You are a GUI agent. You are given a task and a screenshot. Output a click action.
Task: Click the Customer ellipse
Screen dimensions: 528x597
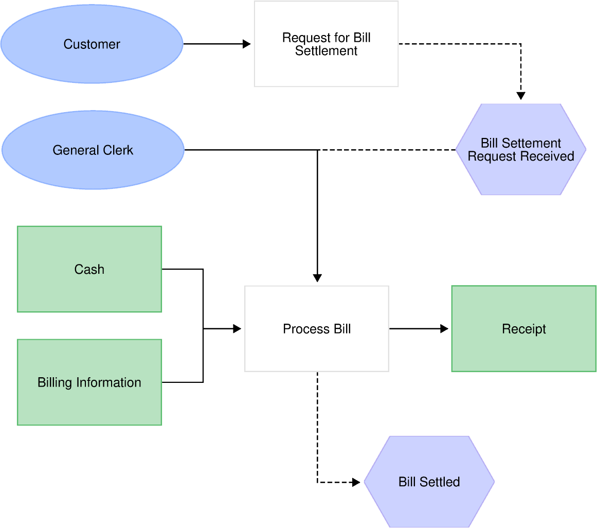92,44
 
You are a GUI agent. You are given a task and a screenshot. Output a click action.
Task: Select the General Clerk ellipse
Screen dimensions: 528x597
93,150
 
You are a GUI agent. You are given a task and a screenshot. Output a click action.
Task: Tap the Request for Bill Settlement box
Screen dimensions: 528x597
326,44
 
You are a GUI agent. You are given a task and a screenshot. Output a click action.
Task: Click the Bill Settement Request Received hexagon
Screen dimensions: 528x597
520,150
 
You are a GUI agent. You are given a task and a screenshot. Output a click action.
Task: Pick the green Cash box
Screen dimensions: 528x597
89,269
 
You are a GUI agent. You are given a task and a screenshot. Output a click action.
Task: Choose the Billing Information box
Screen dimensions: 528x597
89,382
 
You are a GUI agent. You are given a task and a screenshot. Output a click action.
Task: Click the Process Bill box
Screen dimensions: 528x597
317,329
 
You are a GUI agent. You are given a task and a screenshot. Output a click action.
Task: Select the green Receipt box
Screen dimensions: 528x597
523,329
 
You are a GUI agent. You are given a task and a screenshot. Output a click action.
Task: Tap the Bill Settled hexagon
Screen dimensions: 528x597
429,482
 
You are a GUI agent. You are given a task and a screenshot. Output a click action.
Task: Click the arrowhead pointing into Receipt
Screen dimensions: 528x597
445,328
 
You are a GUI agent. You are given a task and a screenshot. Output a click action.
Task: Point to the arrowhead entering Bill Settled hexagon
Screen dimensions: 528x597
356,482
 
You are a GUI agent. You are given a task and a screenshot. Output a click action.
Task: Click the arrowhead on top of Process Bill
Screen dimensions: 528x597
317,278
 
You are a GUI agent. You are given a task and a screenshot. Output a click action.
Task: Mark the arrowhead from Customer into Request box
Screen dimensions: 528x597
247,45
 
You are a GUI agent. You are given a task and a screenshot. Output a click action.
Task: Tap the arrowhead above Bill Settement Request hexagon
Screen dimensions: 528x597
521,96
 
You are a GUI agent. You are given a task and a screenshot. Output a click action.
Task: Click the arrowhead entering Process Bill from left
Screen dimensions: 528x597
237,328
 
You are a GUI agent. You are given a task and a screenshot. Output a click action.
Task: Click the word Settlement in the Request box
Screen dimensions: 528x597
326,51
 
